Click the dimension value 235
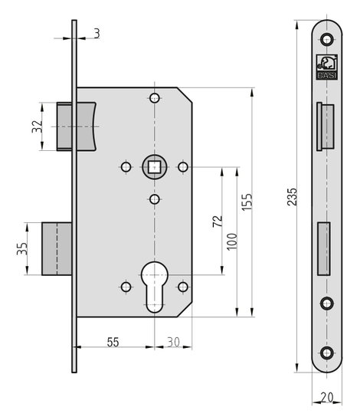coord(292,197)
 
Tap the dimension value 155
coord(247,202)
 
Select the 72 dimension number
coord(218,221)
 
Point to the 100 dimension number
coord(232,241)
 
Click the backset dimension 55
coord(113,342)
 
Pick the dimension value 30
coord(173,342)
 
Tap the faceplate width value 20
coord(327,398)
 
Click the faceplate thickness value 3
coord(97,34)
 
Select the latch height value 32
coord(38,126)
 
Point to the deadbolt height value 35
coord(22,248)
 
